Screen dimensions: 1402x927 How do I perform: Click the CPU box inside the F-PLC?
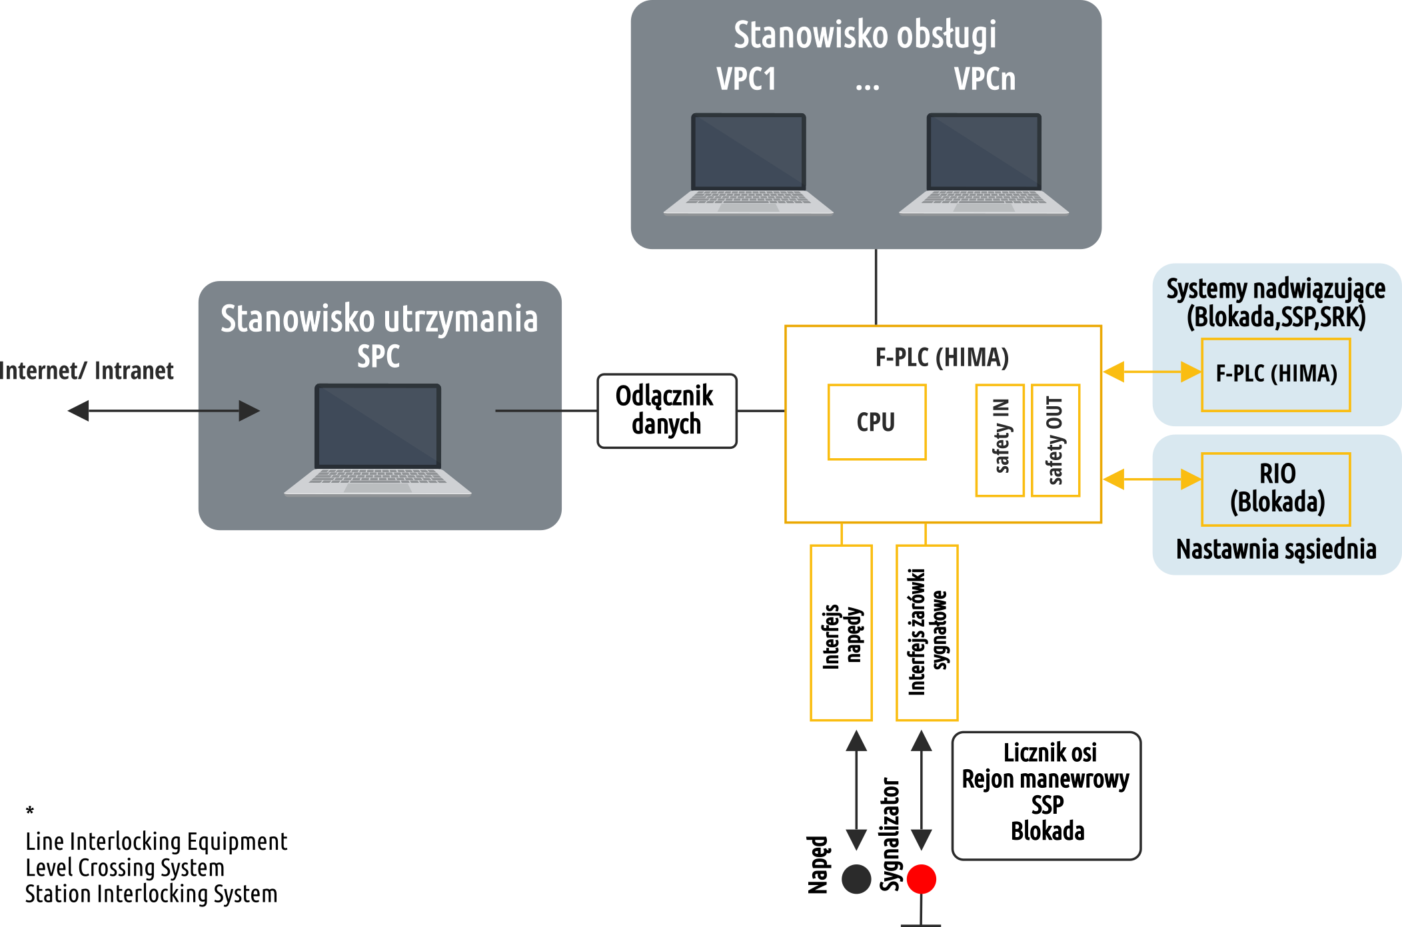[x=877, y=422]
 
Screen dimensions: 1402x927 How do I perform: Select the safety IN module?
[x=1000, y=440]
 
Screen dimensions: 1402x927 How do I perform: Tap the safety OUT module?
[x=1055, y=440]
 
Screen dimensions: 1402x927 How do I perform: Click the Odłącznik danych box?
[x=667, y=411]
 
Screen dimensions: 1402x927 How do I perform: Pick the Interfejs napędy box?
[x=842, y=633]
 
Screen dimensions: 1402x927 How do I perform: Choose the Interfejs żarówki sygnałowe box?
[x=928, y=633]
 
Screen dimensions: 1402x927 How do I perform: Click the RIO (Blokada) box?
[x=1276, y=489]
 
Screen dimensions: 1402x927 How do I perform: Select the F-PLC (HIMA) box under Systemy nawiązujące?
[x=1276, y=375]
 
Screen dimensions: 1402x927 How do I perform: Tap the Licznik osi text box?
[x=1047, y=796]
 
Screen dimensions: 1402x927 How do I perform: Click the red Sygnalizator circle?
[x=922, y=879]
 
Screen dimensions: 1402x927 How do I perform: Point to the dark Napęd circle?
[x=856, y=879]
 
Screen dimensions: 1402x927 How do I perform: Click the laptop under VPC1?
[x=748, y=164]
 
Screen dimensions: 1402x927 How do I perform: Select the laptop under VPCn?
[x=984, y=164]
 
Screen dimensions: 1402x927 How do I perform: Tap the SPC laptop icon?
[x=378, y=440]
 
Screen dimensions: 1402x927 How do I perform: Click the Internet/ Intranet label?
[x=87, y=371]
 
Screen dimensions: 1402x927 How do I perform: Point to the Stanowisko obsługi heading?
[x=865, y=35]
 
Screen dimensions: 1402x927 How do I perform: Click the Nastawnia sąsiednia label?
[x=1276, y=549]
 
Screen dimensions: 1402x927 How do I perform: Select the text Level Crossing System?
[x=125, y=868]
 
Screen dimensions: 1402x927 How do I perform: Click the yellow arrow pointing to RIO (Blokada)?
[x=1152, y=479]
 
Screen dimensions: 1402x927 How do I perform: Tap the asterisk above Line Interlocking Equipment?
[x=30, y=810]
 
